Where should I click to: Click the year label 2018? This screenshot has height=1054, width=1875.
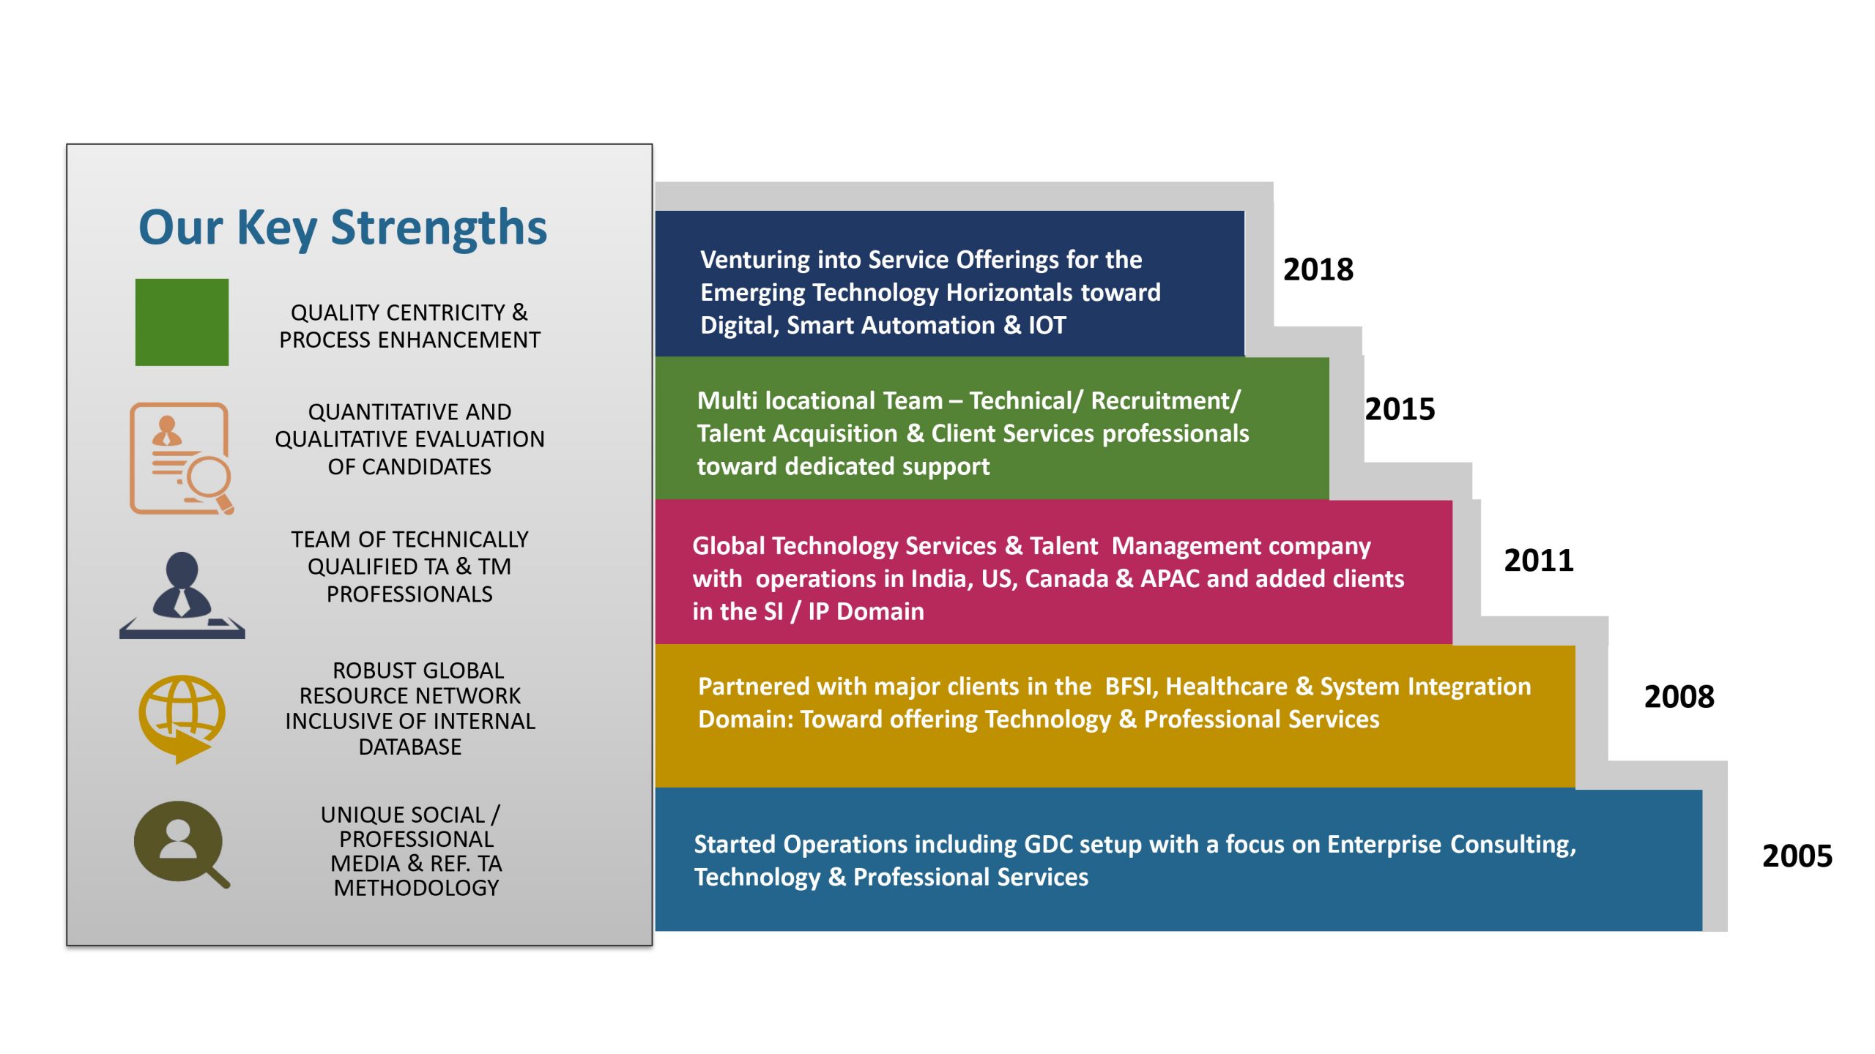pyautogui.click(x=1318, y=269)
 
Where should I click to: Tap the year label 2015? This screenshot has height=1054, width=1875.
pyautogui.click(x=1400, y=409)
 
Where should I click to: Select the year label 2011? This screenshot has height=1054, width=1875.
pyautogui.click(x=1539, y=561)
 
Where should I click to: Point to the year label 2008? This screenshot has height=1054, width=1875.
pyautogui.click(x=1679, y=697)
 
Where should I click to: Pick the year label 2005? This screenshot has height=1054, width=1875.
pyautogui.click(x=1797, y=856)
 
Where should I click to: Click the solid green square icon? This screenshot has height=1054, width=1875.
pyautogui.click(x=182, y=322)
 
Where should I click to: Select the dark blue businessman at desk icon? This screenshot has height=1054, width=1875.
pyautogui.click(x=182, y=595)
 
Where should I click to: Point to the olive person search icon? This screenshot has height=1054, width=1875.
pyautogui.click(x=182, y=845)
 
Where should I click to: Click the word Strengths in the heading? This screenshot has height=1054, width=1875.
pyautogui.click(x=439, y=228)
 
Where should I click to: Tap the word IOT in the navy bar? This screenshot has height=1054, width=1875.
pyautogui.click(x=1047, y=325)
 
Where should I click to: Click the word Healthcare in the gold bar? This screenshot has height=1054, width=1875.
pyautogui.click(x=1226, y=687)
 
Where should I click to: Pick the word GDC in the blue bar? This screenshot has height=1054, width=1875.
pyautogui.click(x=1048, y=845)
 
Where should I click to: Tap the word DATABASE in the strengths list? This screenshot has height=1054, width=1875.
pyautogui.click(x=410, y=747)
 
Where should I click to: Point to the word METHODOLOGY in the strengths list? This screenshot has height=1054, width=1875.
pyautogui.click(x=416, y=888)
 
